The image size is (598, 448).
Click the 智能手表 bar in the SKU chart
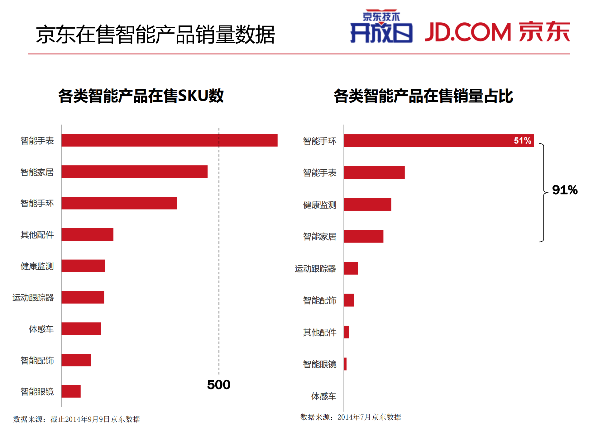[169, 140]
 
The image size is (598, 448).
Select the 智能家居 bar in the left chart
[134, 172]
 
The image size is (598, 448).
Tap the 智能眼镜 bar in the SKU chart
[71, 391]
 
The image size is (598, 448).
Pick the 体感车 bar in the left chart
[81, 328]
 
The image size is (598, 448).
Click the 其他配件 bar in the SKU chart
[87, 234]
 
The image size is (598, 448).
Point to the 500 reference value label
[218, 384]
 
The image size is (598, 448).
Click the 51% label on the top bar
[522, 141]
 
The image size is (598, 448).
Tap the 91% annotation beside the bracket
[564, 190]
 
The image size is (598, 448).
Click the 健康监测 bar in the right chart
[367, 204]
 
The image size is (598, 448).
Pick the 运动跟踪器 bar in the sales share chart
[351, 268]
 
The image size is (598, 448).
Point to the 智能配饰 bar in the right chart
[349, 300]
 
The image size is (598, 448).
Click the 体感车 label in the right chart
[323, 396]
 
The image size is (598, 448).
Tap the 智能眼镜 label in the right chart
[319, 364]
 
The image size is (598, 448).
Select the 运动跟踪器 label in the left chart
[33, 298]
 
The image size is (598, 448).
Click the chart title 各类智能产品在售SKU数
[141, 96]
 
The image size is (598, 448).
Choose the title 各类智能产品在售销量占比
[423, 96]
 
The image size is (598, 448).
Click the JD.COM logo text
[468, 32]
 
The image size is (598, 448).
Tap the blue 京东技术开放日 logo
[381, 27]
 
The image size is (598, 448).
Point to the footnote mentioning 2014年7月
[351, 417]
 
